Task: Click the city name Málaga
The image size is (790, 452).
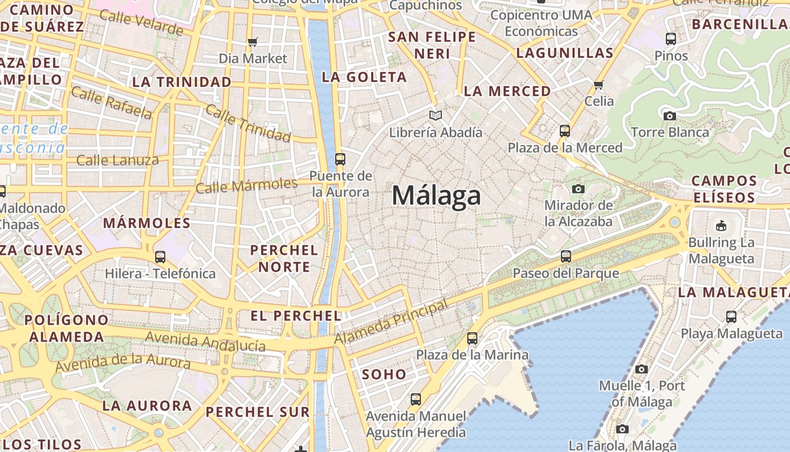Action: click(x=436, y=196)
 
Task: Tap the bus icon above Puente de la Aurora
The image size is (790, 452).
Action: click(x=340, y=159)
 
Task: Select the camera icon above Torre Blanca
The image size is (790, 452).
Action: click(x=670, y=116)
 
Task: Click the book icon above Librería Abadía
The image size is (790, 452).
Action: click(x=436, y=116)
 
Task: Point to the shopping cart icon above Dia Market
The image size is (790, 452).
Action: click(x=253, y=42)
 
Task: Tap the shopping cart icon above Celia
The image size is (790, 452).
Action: click(x=599, y=85)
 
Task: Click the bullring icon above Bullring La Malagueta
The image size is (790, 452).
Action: click(x=721, y=226)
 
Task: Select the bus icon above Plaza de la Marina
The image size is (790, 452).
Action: click(x=472, y=338)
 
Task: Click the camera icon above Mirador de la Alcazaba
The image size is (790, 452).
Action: click(x=578, y=189)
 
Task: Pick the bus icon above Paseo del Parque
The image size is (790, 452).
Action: click(x=566, y=257)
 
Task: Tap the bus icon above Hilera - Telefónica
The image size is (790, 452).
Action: click(x=160, y=257)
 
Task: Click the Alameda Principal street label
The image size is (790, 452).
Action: click(x=392, y=321)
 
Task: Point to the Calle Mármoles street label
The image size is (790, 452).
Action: click(x=247, y=185)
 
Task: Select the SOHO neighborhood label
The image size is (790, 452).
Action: click(x=384, y=374)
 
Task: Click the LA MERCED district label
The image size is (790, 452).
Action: click(x=507, y=91)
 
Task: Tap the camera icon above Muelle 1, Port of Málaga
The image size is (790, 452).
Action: click(x=642, y=370)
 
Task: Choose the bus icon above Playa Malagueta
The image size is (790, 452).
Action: click(x=731, y=317)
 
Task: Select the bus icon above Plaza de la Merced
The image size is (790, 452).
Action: click(x=565, y=131)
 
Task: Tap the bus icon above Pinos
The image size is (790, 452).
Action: click(x=671, y=39)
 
